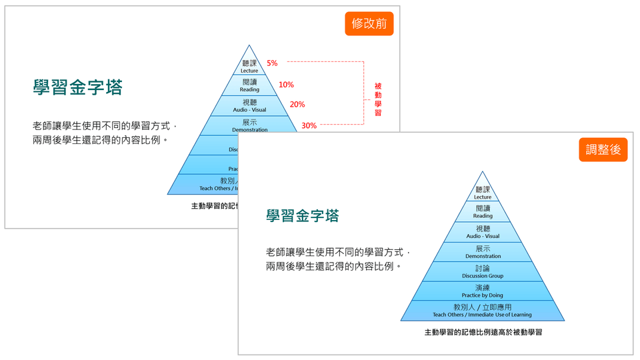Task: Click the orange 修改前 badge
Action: coord(369,24)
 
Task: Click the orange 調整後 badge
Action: coord(603,150)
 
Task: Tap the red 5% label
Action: coord(272,63)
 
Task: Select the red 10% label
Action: coord(286,85)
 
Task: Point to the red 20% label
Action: coord(297,105)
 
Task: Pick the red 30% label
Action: coord(309,125)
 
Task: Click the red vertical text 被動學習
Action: coord(378,99)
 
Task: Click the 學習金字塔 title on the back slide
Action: coord(78,87)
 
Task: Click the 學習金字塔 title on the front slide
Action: coord(302,216)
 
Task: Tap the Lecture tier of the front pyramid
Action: coord(483,193)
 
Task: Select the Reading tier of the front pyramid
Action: coord(483,212)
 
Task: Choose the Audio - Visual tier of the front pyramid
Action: coord(483,232)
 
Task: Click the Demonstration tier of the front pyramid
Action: coord(483,252)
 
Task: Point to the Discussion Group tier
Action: coord(483,271)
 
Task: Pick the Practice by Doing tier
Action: coord(483,291)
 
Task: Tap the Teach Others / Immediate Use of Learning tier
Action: coord(483,311)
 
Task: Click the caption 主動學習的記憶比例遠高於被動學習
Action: coord(483,331)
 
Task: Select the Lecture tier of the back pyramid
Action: coord(249,66)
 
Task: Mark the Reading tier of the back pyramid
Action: coord(249,85)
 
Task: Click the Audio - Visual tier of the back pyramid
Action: coord(249,105)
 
